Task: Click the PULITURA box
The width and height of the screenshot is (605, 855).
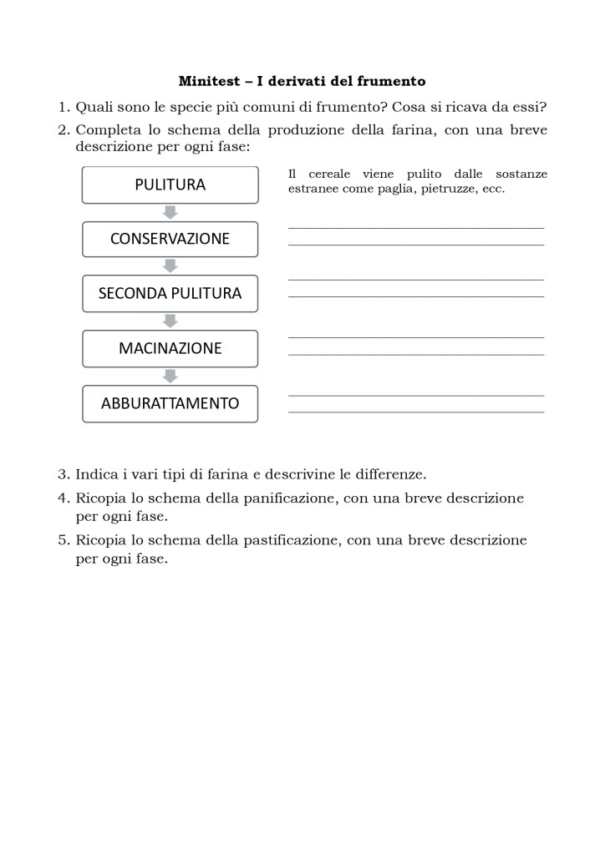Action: coord(170,185)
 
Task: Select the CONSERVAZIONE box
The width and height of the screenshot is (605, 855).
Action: coord(170,239)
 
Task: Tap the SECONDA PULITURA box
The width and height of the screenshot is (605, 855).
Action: coord(170,293)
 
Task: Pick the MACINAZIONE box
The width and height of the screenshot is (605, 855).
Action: coord(170,348)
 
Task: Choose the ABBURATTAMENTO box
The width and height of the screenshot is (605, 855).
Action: coord(170,403)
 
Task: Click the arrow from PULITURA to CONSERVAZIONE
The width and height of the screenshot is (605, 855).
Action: coord(170,212)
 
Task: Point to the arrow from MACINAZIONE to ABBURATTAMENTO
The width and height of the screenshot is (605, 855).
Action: coord(170,376)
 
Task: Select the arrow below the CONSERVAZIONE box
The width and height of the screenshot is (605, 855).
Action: coord(170,266)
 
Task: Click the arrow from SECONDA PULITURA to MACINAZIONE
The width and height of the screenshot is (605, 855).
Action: coord(170,321)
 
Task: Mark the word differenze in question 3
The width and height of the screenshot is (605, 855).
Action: coord(394,474)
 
